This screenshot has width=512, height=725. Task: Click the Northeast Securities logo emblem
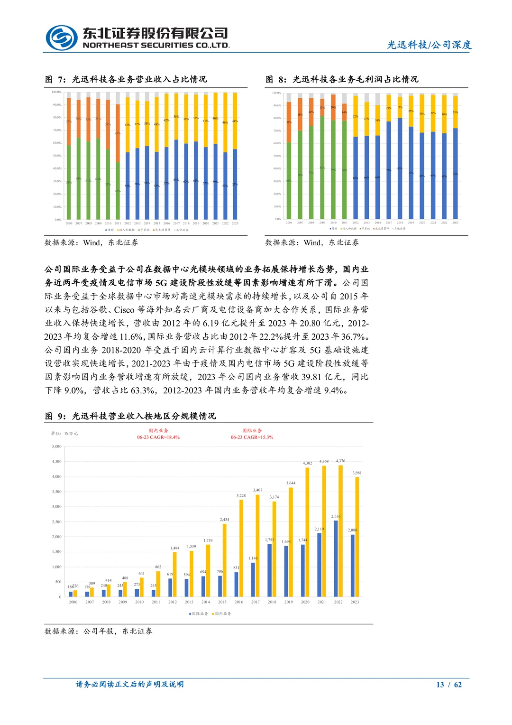(62, 37)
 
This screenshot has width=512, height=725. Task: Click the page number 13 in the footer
(440, 684)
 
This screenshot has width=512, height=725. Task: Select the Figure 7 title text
(126, 79)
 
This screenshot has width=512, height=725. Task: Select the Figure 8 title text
(342, 79)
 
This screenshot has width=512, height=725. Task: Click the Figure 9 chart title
(130, 416)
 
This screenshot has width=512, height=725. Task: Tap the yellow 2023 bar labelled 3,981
(357, 536)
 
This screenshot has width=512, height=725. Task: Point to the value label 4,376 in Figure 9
(340, 461)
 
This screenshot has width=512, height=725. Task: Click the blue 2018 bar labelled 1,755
(270, 570)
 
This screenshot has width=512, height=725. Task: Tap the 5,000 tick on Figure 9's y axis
(57, 446)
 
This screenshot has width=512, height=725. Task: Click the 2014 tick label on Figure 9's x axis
(206, 602)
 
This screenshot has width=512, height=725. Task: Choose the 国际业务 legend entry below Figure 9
(199, 613)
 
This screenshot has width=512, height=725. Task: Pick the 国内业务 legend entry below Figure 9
(222, 613)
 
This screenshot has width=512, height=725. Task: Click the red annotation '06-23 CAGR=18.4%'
(158, 437)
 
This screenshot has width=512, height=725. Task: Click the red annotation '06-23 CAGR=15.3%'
(252, 437)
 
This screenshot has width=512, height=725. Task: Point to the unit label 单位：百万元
(64, 433)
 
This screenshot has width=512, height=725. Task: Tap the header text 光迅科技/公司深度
(429, 45)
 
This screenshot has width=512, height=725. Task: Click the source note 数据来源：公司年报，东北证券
(99, 631)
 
